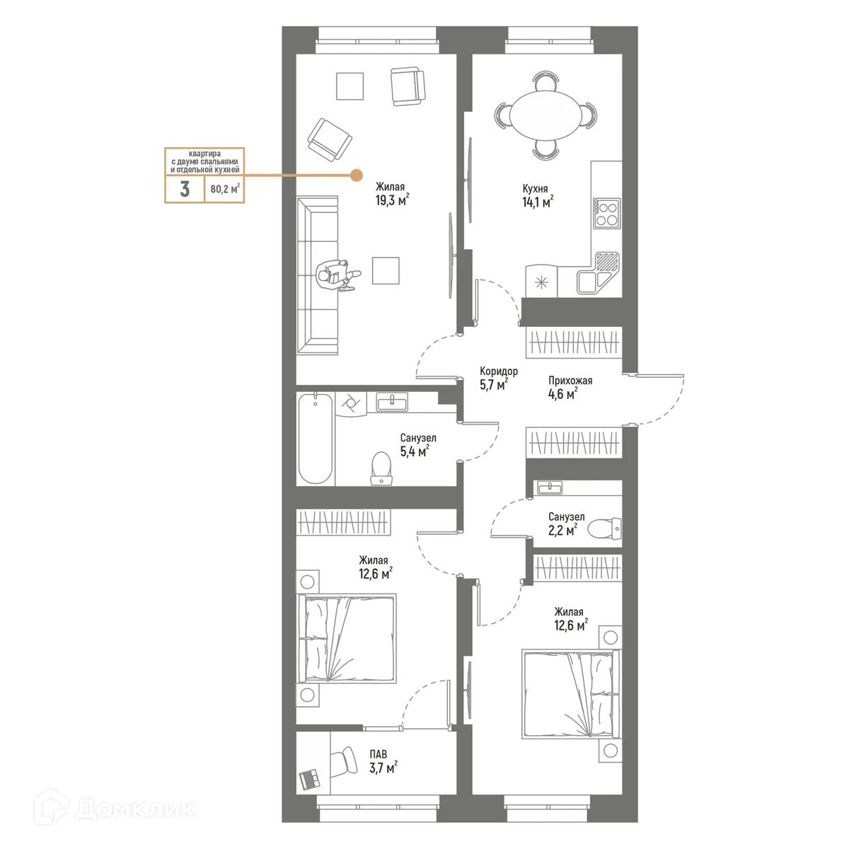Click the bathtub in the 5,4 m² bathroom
point(316,439)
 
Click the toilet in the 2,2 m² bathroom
point(605,527)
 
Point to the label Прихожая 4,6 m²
point(570,387)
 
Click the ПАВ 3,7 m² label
point(382,761)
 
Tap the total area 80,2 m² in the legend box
point(224,189)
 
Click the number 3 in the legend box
point(185,189)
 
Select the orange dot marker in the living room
point(357,175)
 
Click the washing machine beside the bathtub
point(350,405)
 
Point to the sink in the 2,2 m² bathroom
point(550,487)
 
